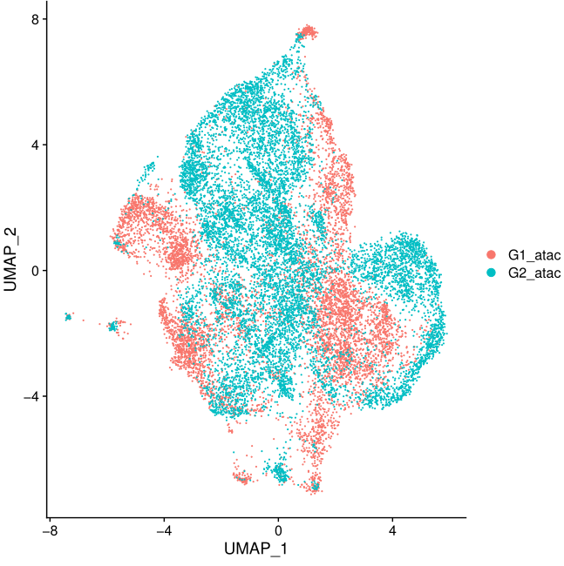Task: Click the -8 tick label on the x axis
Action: click(50, 529)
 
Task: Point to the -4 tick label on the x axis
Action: click(164, 529)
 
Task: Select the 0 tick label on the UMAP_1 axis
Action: click(278, 529)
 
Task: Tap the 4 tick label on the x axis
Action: click(392, 529)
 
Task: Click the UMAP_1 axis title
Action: click(256, 550)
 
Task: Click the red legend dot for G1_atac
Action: click(491, 254)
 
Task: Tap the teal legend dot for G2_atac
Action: click(491, 273)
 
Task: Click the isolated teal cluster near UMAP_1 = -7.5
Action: click(68, 317)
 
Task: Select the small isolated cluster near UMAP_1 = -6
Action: click(112, 327)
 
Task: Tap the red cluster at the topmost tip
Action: click(307, 33)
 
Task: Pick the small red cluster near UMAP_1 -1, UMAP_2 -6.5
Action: click(241, 479)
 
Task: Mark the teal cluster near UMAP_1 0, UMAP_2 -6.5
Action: click(280, 473)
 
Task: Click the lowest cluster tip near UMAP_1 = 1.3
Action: click(315, 486)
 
